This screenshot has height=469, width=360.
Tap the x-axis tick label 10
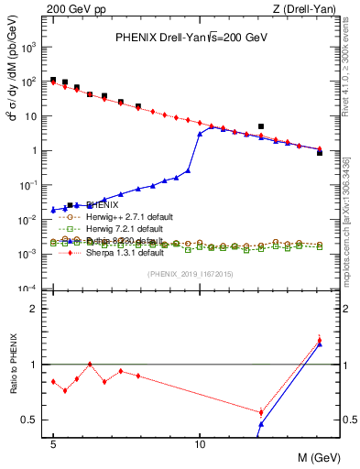click(x=200, y=443)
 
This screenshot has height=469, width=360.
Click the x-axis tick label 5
click(x=53, y=443)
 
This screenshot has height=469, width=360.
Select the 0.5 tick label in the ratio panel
click(x=34, y=420)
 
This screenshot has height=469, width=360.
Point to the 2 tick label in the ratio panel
click(x=38, y=309)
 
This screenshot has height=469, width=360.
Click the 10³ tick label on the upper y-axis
click(x=33, y=47)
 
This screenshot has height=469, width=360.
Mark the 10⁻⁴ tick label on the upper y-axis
click(x=33, y=289)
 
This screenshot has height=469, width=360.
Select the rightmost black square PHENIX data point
click(x=320, y=152)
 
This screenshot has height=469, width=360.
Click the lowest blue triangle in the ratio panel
click(x=261, y=425)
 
